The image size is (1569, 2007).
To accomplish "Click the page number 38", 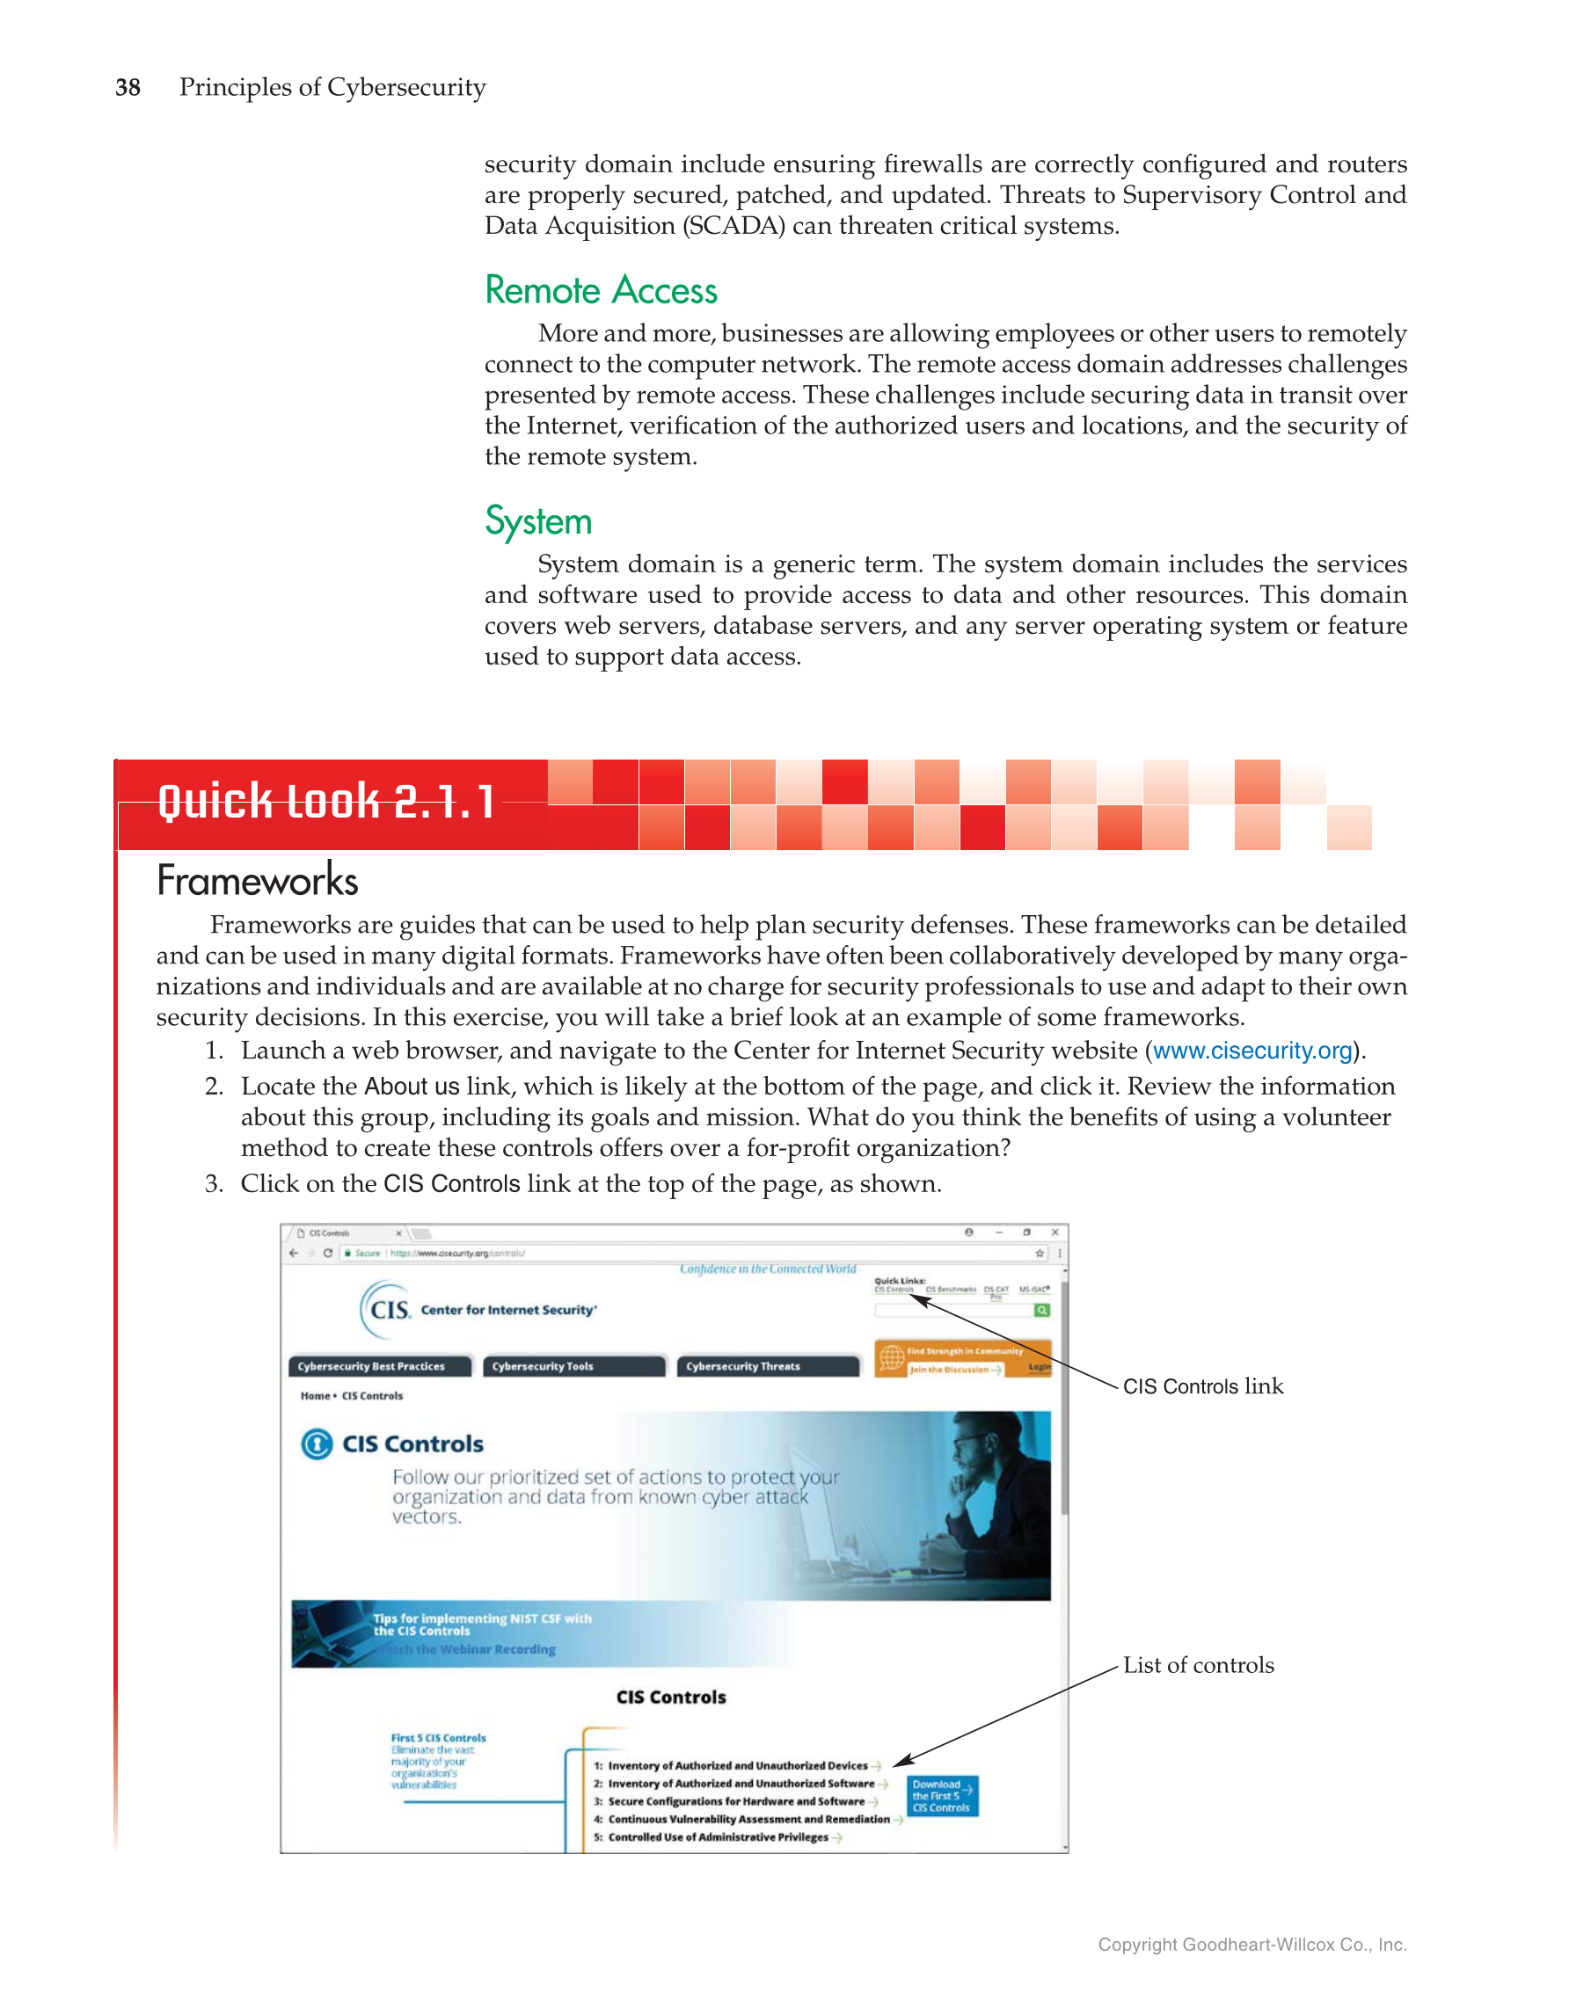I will [x=128, y=87].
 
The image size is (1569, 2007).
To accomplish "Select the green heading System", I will [x=537, y=521].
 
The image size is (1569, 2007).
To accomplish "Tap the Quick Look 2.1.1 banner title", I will [x=326, y=802].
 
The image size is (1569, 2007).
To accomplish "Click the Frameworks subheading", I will [x=258, y=880].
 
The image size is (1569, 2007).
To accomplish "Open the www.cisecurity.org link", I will [x=1252, y=1051].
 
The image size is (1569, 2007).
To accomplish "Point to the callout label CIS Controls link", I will [x=1202, y=1385].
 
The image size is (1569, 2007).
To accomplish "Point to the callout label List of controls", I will [x=1198, y=1665].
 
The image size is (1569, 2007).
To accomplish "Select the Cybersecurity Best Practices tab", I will [x=379, y=1366].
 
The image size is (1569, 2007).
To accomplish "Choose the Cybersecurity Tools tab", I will [x=573, y=1366].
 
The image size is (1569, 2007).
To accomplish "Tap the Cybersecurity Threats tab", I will [x=767, y=1366].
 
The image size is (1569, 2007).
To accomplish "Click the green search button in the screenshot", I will [x=1041, y=1311].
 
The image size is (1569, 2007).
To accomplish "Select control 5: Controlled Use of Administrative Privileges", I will [x=718, y=1837].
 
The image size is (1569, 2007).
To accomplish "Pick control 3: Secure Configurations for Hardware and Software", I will [x=736, y=1801].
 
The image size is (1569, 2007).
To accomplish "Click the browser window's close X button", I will [x=1055, y=1233].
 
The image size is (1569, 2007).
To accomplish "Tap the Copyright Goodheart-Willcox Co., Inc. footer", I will [x=1252, y=1945].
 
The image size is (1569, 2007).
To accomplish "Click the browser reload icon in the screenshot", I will [x=327, y=1253].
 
